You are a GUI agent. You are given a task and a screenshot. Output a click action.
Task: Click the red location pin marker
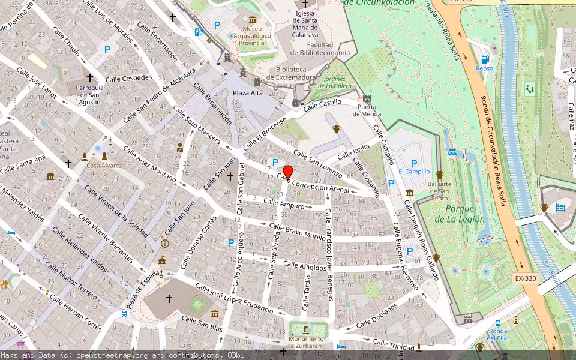click(x=288, y=172)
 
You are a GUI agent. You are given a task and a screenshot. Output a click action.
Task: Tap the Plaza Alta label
click(x=248, y=93)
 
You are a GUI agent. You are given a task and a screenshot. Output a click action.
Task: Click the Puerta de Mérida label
click(x=367, y=111)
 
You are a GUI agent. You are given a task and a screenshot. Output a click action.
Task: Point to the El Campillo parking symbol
click(x=413, y=163)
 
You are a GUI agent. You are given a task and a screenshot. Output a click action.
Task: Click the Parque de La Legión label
click(x=465, y=214)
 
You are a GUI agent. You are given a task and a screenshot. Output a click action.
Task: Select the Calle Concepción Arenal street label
click(x=313, y=184)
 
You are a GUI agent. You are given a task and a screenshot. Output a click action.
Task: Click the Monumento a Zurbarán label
click(x=307, y=343)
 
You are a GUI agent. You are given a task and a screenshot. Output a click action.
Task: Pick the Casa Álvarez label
click(x=104, y=165)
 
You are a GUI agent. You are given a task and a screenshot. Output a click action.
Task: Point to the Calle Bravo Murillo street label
click(x=297, y=232)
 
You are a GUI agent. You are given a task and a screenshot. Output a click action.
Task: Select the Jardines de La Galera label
click(x=334, y=82)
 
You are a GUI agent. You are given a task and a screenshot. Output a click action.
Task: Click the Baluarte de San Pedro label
click(x=439, y=191)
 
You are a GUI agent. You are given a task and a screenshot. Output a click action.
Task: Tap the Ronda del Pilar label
click(x=497, y=334)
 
